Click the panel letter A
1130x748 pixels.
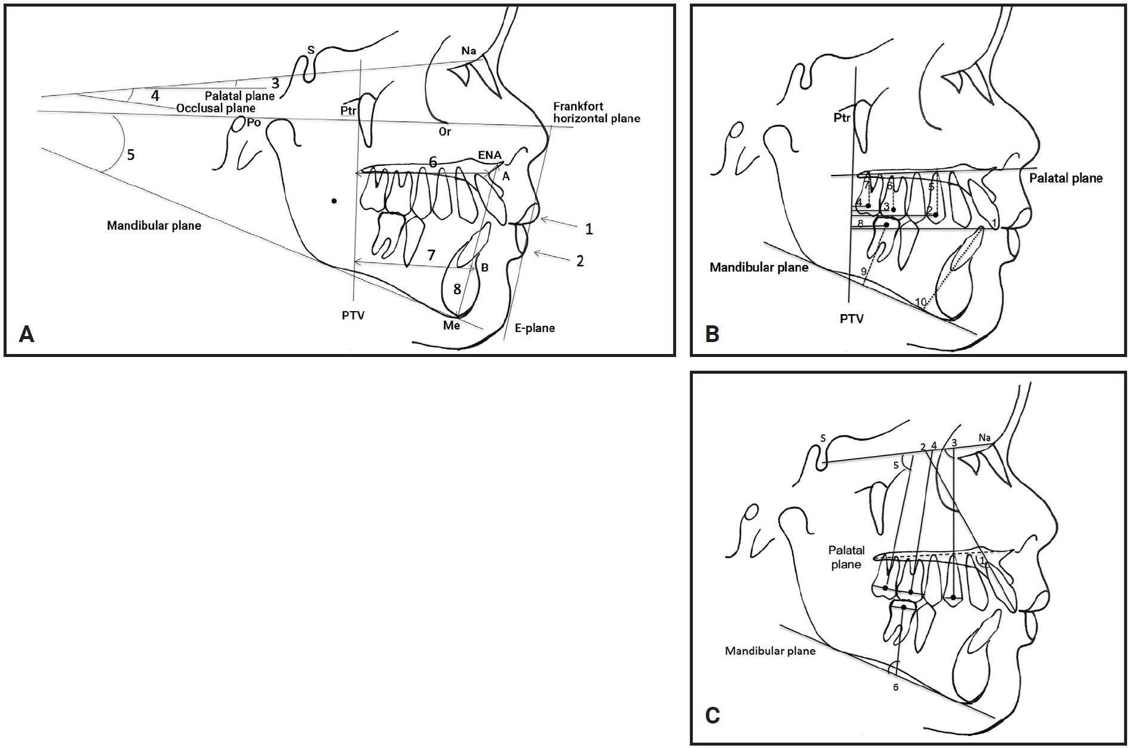(x=26, y=333)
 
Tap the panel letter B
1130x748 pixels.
(x=712, y=333)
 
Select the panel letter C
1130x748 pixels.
(x=712, y=715)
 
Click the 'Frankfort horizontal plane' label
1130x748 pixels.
(x=596, y=113)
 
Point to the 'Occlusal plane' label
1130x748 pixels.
(x=216, y=108)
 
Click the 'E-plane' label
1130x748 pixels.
(x=535, y=328)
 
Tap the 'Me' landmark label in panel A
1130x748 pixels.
(x=452, y=325)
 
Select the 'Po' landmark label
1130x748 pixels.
(x=254, y=123)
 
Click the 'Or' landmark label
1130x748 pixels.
(x=445, y=132)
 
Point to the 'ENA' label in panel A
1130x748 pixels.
(x=489, y=155)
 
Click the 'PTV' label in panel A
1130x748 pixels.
(x=353, y=315)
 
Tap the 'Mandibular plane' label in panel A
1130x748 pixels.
(x=154, y=226)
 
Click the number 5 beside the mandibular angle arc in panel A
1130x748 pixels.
(x=131, y=155)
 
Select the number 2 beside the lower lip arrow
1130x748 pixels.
(x=579, y=261)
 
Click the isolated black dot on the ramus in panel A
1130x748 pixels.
(x=334, y=201)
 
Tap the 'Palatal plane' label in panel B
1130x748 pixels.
(x=1066, y=178)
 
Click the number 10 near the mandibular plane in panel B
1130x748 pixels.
(x=920, y=303)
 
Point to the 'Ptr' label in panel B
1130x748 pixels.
(x=842, y=118)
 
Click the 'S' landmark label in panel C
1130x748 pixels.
(x=822, y=438)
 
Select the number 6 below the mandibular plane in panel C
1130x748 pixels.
(x=895, y=687)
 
